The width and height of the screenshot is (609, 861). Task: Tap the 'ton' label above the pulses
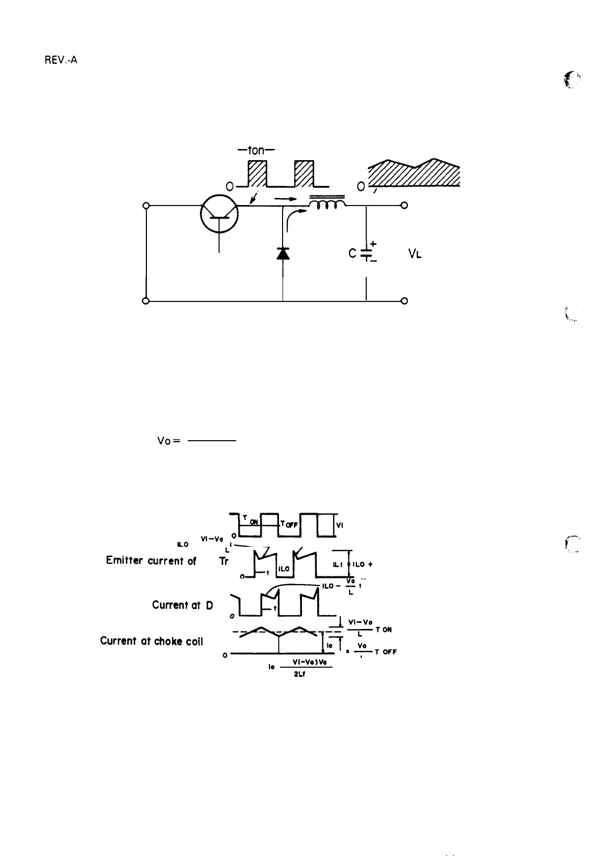click(256, 151)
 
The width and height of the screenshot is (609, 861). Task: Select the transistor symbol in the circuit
click(219, 214)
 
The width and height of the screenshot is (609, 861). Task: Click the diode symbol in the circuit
click(283, 253)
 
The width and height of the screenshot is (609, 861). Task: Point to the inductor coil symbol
click(326, 205)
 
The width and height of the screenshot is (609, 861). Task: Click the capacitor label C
click(352, 252)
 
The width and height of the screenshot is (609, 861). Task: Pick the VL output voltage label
click(415, 254)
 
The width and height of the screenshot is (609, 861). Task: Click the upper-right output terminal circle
click(404, 206)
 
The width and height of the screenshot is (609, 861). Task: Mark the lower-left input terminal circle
click(146, 301)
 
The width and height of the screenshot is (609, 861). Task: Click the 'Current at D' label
click(182, 605)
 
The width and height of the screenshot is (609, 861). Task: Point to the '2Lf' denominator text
click(300, 671)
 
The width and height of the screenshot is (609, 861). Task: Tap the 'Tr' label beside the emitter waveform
click(223, 561)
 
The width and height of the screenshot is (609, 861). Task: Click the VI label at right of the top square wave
click(340, 524)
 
